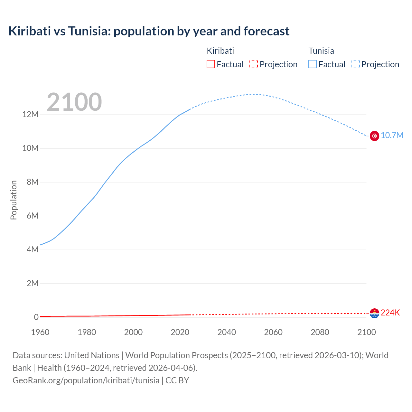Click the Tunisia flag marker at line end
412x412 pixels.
point(374,136)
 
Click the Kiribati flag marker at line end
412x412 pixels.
point(374,313)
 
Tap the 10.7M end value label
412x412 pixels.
point(392,135)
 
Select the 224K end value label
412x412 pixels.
point(390,313)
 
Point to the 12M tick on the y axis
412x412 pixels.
point(30,115)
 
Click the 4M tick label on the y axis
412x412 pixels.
point(32,250)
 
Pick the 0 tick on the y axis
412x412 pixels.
point(36,317)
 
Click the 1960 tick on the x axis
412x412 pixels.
point(40,332)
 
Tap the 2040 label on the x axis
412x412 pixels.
point(227,332)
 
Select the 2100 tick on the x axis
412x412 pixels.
point(366,332)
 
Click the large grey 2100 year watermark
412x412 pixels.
point(74,102)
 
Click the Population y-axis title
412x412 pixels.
point(14,200)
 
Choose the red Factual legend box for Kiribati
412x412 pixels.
point(211,64)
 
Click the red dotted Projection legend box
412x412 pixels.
point(254,64)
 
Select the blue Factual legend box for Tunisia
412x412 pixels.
point(313,64)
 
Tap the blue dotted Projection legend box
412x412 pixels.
point(355,64)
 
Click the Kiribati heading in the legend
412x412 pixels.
point(220,51)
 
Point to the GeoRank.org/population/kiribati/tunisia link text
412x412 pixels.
point(86,380)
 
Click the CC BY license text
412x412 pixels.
point(177,380)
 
